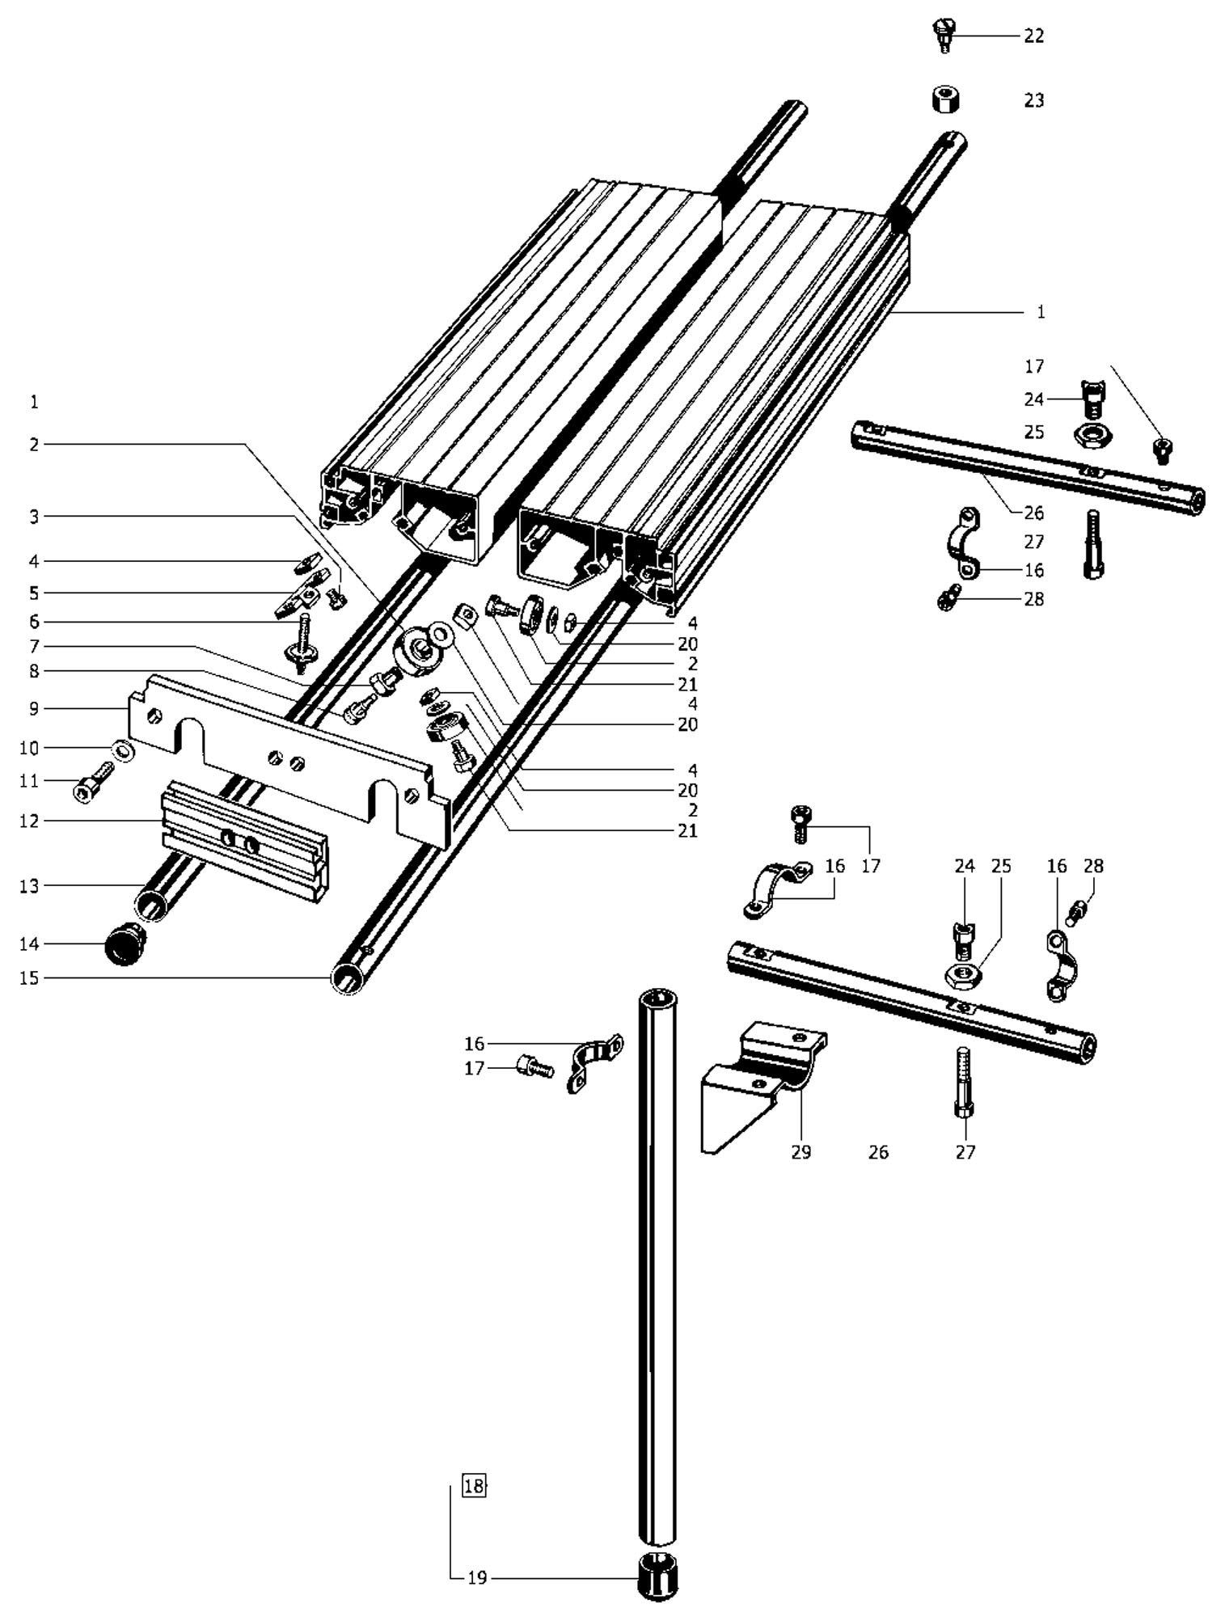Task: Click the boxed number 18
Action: point(474,1485)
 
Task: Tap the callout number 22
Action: point(1033,36)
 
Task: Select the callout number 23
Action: point(1033,100)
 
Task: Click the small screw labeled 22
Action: point(943,36)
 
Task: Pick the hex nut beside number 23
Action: point(944,100)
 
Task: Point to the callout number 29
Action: point(800,1152)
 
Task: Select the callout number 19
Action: point(477,1577)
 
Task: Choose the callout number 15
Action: point(29,978)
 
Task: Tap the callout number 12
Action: point(29,821)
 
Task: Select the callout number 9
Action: point(33,709)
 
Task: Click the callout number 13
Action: point(29,886)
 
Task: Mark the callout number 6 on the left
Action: point(33,622)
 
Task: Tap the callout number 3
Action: point(33,517)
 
